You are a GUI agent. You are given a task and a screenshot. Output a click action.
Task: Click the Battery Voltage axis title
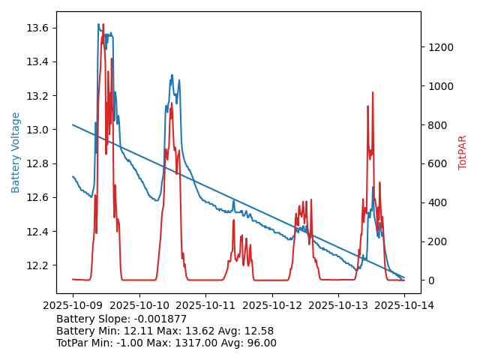(x=16, y=152)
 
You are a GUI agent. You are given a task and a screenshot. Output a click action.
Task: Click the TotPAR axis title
(x=462, y=152)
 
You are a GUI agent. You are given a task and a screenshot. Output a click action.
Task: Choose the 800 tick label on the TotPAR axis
(x=436, y=125)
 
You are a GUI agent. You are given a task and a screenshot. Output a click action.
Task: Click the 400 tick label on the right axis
(x=436, y=202)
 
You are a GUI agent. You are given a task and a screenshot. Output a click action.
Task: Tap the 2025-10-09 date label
(x=73, y=305)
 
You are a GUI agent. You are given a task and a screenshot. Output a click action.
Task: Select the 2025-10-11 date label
(x=205, y=305)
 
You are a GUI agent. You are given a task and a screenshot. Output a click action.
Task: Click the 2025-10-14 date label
(x=404, y=305)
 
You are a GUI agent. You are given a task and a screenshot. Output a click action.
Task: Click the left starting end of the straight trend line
(x=73, y=124)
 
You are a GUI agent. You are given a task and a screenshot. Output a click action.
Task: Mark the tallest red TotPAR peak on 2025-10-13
(x=373, y=92)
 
